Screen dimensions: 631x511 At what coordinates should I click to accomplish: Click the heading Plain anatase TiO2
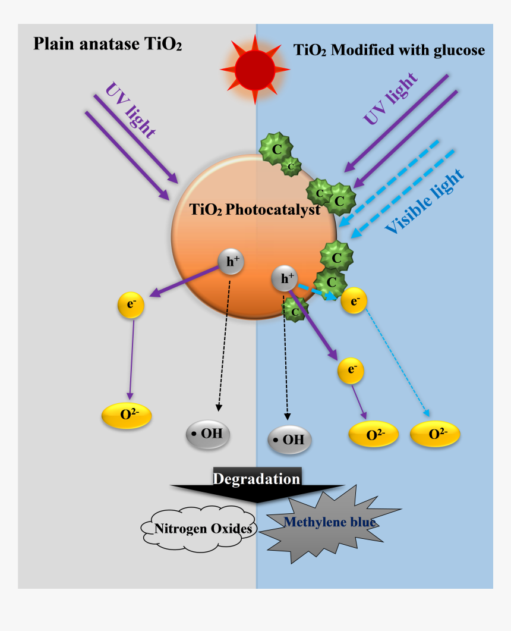click(x=107, y=45)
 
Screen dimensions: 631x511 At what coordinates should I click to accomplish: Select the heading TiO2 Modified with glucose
click(x=389, y=51)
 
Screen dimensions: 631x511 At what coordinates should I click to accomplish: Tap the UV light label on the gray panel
click(x=130, y=111)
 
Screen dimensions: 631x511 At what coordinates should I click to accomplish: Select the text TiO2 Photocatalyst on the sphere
click(x=255, y=209)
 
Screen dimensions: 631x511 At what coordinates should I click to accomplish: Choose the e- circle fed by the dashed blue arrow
click(x=354, y=302)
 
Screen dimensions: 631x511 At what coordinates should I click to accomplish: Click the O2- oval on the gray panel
click(x=127, y=415)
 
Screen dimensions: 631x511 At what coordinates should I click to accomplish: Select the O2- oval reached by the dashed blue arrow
click(x=435, y=435)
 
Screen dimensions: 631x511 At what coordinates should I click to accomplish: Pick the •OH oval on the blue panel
click(x=290, y=440)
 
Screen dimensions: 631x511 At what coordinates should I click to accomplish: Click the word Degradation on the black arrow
click(x=257, y=479)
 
